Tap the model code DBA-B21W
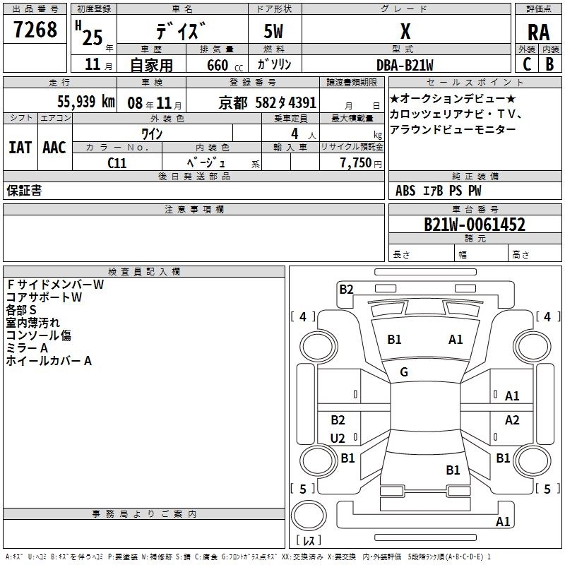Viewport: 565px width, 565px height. click(405, 64)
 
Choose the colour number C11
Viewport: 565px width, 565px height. click(117, 162)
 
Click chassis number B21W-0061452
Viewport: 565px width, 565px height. click(474, 225)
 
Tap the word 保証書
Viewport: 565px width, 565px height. click(24, 191)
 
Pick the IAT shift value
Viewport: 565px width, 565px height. click(20, 147)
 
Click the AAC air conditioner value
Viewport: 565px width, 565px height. click(54, 147)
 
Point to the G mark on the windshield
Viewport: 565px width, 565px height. click(404, 372)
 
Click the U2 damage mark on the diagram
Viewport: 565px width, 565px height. click(338, 439)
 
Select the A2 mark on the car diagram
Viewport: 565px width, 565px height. click(512, 420)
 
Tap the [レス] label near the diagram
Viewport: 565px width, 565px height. click(309, 542)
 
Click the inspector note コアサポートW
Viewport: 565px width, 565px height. click(44, 297)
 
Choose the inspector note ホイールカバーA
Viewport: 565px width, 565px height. click(49, 361)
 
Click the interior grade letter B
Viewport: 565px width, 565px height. click(549, 64)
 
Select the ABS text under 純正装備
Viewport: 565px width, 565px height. click(405, 191)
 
